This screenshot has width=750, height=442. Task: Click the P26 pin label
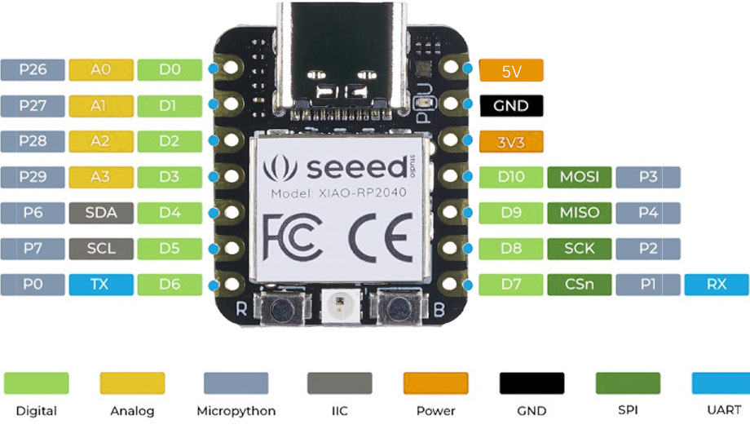33,70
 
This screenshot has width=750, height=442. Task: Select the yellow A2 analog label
101,141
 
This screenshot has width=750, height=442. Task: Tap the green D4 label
170,213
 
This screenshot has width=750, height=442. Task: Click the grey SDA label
101,213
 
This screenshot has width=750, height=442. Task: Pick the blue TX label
101,285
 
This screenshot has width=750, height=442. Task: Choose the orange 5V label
511,71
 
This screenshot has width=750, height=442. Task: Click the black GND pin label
511,106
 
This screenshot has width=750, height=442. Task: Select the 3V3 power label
511,141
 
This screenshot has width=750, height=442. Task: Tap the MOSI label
580,177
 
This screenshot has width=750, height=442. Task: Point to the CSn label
580,285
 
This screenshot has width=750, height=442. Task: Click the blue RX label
717,285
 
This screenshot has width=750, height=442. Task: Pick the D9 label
511,213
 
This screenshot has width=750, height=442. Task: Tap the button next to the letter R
282,309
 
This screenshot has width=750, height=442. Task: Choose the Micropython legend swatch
236,383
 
